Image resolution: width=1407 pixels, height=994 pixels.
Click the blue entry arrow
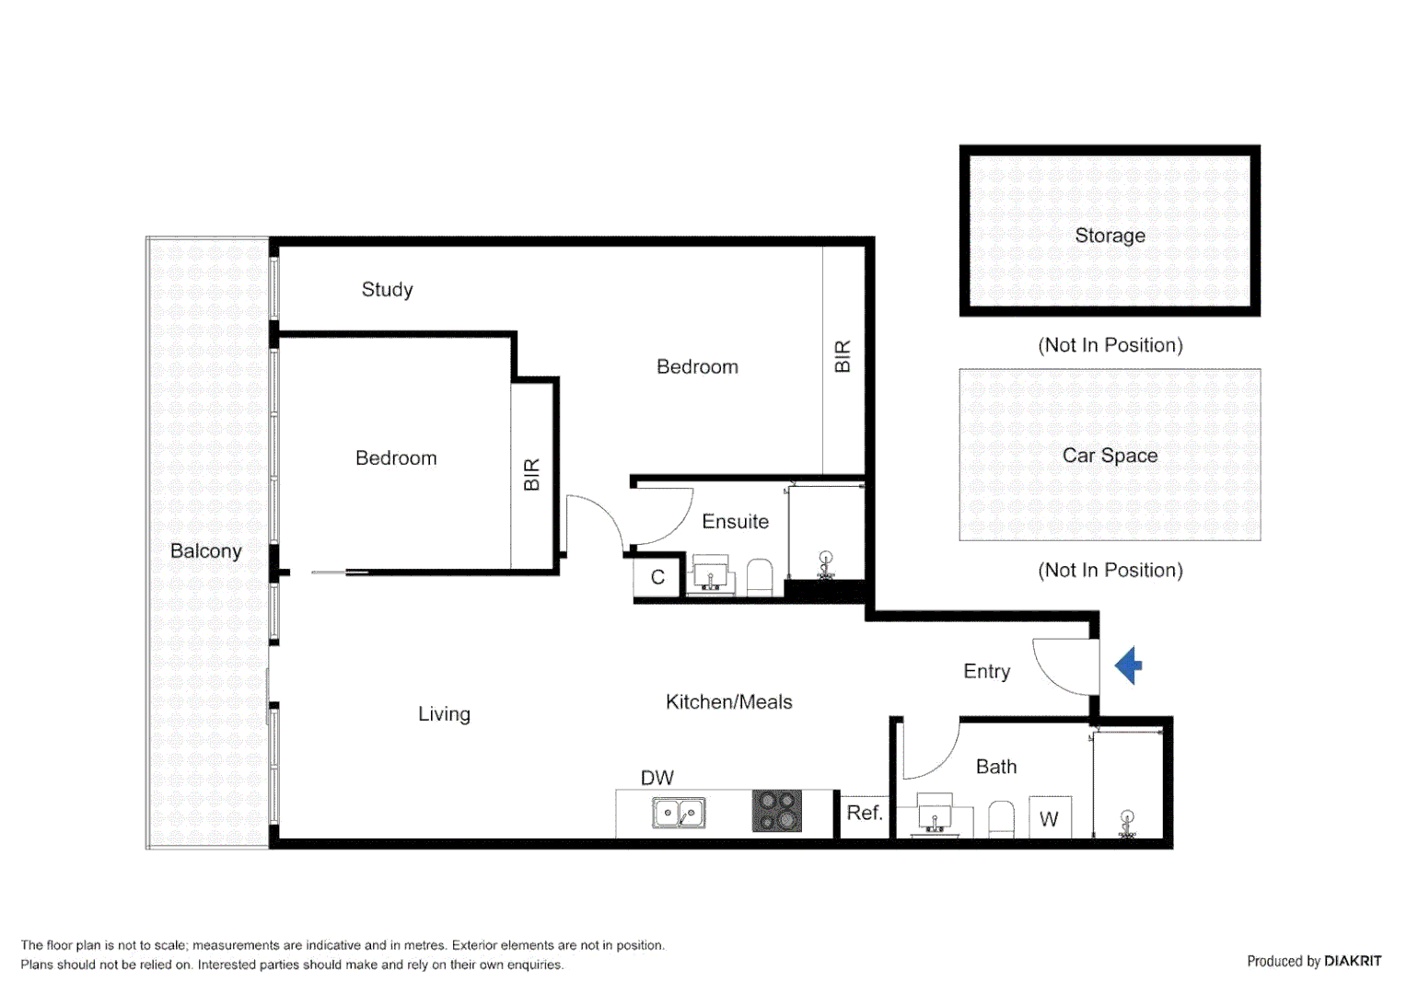point(1130,665)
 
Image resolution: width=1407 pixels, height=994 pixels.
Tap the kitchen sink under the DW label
point(679,813)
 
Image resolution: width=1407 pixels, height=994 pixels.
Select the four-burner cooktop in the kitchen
point(776,811)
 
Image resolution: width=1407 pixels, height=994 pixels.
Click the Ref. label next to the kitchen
point(864,813)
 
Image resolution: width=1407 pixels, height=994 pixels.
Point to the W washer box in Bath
point(1049,818)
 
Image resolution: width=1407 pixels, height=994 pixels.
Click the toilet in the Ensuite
point(760,578)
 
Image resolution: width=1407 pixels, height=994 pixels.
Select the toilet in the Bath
point(1001,818)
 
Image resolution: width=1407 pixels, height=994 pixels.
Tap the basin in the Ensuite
point(710,574)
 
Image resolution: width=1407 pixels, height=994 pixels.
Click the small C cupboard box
point(657,577)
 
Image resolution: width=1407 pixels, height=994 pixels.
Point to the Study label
point(387,290)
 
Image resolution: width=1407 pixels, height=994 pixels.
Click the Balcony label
point(205,551)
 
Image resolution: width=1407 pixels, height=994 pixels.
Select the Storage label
point(1110,236)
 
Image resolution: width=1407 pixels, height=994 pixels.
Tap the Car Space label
point(1110,456)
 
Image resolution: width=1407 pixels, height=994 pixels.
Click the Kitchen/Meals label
point(728,702)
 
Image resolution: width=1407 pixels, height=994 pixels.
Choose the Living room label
point(444,714)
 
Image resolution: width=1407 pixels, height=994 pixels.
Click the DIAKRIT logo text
point(1352,961)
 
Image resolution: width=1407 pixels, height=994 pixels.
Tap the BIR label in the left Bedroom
point(531,475)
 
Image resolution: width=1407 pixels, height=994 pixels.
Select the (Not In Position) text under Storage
point(1110,345)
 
